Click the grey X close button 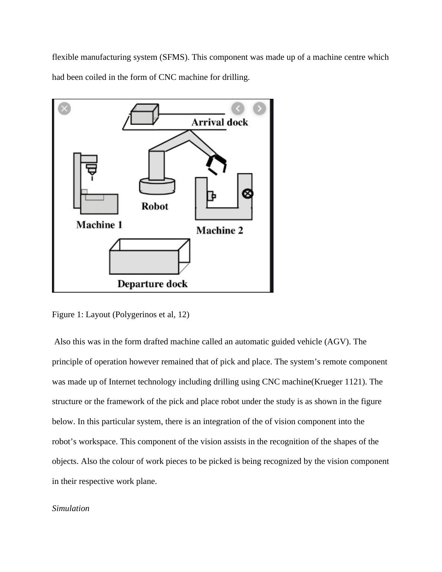click(x=64, y=108)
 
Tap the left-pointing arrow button click(x=238, y=108)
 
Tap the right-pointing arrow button click(x=259, y=108)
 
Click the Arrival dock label click(x=220, y=122)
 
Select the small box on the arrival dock click(x=144, y=114)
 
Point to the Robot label click(x=155, y=206)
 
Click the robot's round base click(x=157, y=186)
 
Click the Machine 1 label click(x=99, y=225)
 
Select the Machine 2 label click(x=220, y=230)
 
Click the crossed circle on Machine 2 click(x=248, y=194)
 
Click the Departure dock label click(x=152, y=284)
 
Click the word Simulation click(x=71, y=508)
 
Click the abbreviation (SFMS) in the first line click(x=174, y=57)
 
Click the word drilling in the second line click(x=235, y=77)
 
